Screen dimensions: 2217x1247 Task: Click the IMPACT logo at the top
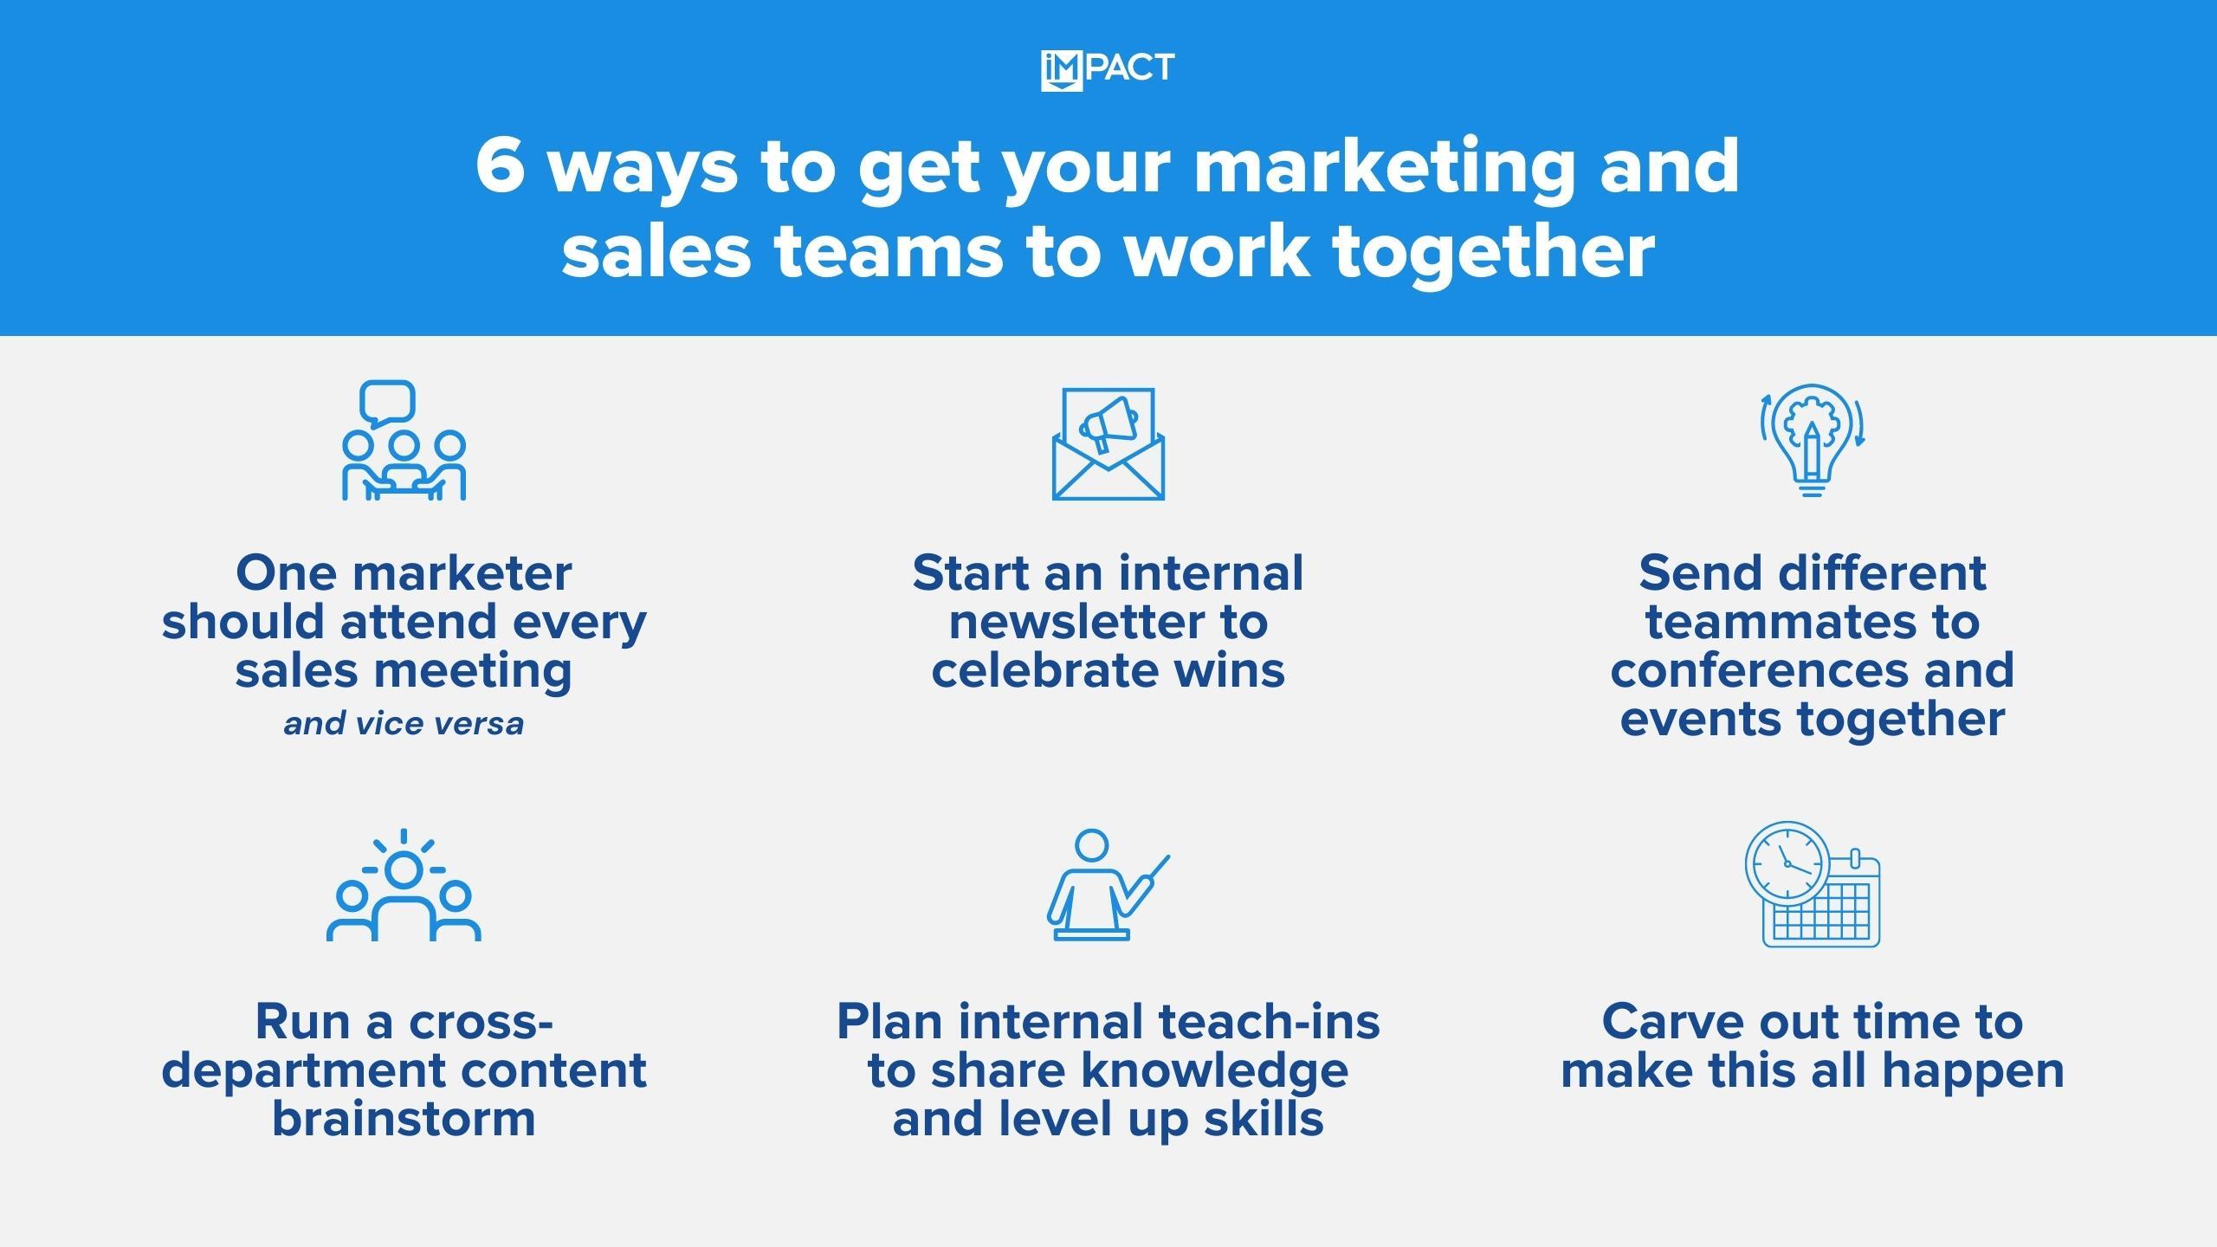[1108, 70]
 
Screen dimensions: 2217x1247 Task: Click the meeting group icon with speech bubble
[404, 440]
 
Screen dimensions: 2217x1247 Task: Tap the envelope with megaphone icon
[1108, 443]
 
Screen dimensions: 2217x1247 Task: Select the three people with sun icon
[404, 885]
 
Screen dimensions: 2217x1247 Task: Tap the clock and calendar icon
[1813, 884]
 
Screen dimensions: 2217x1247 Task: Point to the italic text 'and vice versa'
[404, 723]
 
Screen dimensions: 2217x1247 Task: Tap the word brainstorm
[404, 1119]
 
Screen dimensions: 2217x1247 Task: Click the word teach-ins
[1270, 1022]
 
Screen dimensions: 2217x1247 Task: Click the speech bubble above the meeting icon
[387, 404]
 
